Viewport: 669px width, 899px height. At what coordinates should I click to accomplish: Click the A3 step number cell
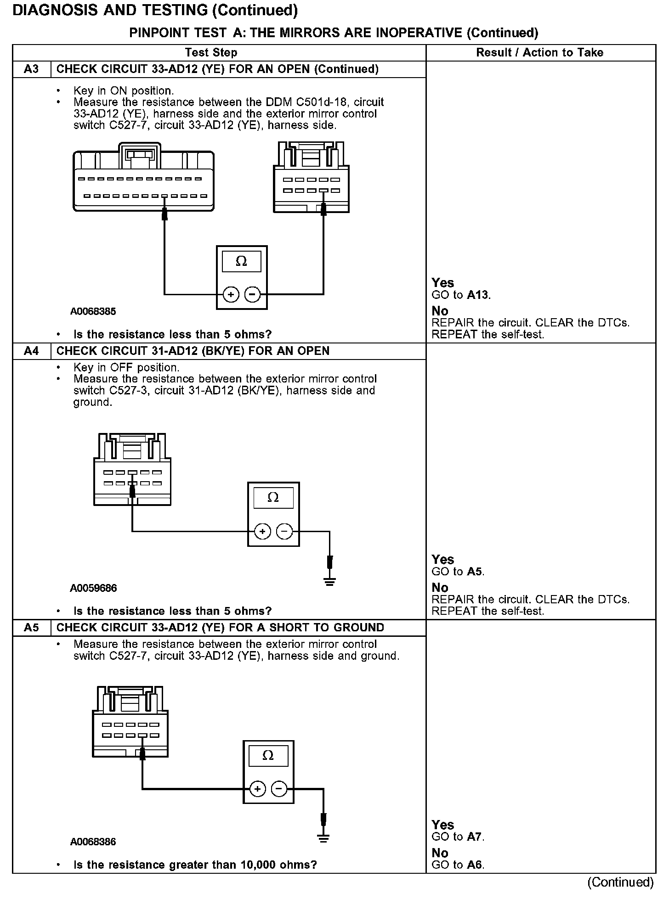(31, 69)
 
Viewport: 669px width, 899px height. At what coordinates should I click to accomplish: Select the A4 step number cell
(31, 351)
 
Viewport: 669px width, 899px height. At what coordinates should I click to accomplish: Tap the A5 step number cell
(31, 628)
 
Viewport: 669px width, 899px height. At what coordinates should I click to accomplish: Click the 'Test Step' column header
(211, 53)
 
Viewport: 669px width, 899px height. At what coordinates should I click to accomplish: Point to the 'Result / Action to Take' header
(539, 53)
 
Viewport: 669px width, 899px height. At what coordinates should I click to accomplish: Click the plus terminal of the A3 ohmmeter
(231, 294)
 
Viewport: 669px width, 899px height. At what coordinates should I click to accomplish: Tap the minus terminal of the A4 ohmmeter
(285, 532)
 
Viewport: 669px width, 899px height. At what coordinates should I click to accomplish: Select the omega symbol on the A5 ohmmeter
(268, 756)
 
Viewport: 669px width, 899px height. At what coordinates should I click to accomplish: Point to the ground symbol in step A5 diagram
(324, 839)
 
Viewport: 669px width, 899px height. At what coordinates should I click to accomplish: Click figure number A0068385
(93, 311)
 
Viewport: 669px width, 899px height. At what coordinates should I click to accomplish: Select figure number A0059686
(93, 588)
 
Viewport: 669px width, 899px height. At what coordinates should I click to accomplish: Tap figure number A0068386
(93, 842)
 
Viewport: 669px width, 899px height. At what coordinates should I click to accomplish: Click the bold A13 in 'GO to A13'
(478, 295)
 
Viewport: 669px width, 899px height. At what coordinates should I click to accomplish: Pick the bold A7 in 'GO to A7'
(475, 837)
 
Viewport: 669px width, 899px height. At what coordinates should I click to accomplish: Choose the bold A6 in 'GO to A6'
(475, 865)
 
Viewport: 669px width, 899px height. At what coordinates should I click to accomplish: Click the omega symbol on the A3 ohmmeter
(241, 262)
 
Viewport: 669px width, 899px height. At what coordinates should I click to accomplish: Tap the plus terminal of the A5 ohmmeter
(258, 789)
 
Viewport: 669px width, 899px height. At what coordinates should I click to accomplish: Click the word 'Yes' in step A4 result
(443, 560)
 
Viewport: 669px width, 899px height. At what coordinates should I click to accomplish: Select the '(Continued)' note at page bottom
(620, 882)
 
